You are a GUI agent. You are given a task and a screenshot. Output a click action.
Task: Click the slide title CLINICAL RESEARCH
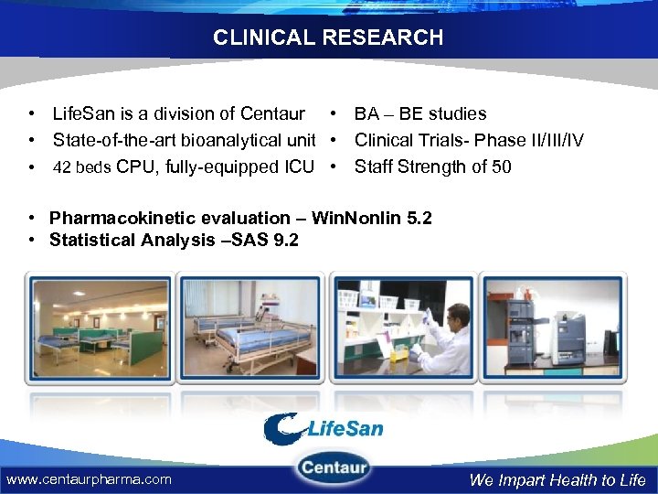point(328,38)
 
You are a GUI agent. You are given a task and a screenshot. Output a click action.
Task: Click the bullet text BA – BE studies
point(420,114)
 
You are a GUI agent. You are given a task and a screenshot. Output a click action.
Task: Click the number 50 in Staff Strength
point(501,166)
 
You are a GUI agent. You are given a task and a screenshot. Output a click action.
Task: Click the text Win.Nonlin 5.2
point(372,218)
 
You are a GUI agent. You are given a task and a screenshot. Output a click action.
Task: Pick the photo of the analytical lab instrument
point(554,327)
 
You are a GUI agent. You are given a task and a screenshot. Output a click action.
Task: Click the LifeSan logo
point(324,428)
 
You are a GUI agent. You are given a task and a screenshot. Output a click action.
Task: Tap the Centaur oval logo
point(334,469)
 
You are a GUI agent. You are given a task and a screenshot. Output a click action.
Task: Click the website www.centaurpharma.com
point(89,479)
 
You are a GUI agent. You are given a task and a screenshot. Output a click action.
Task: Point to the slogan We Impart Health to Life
point(557,480)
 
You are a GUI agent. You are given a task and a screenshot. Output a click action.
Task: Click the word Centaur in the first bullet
point(272,114)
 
